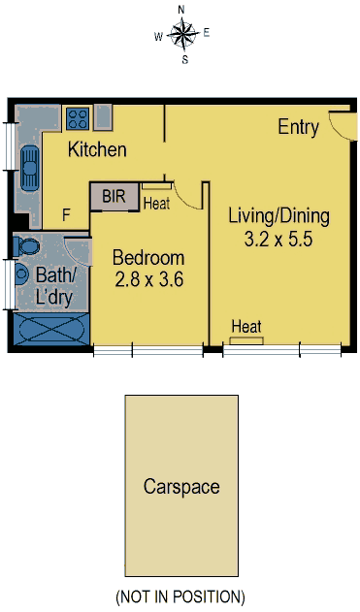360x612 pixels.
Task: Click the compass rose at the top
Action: pyautogui.click(x=182, y=35)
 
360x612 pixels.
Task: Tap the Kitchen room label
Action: pyautogui.click(x=97, y=149)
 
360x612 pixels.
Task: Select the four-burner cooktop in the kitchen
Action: pyautogui.click(x=78, y=118)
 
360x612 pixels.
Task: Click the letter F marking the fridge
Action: pyautogui.click(x=66, y=214)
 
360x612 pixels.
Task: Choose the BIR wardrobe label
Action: pyautogui.click(x=114, y=196)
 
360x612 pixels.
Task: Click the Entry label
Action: pyautogui.click(x=298, y=127)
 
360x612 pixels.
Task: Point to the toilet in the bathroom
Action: pyautogui.click(x=26, y=246)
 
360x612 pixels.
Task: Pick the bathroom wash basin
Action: pyautogui.click(x=21, y=274)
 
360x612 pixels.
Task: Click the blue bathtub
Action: pyautogui.click(x=51, y=329)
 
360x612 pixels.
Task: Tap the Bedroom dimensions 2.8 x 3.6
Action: pyautogui.click(x=148, y=280)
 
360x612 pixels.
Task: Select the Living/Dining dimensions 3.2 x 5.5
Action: pyautogui.click(x=278, y=239)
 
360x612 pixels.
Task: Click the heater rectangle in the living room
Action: pyautogui.click(x=246, y=340)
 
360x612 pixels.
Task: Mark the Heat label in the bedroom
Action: pyautogui.click(x=156, y=204)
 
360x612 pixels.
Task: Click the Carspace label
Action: pyautogui.click(x=181, y=487)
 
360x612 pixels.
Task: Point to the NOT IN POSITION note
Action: pyautogui.click(x=180, y=596)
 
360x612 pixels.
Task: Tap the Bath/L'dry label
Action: pyautogui.click(x=55, y=286)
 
